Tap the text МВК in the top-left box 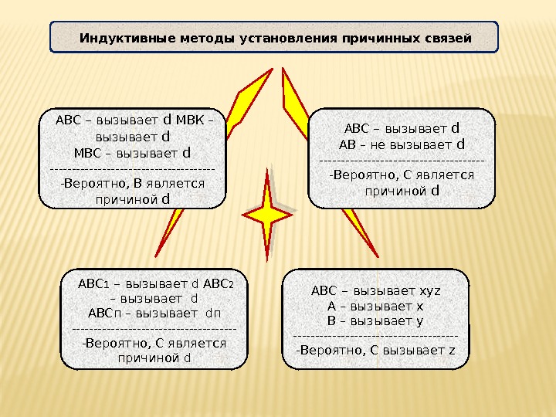(x=191, y=121)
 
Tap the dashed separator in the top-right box (x=402, y=160)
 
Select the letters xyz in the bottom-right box (x=429, y=291)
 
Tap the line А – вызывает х (x=375, y=306)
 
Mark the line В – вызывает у (x=375, y=320)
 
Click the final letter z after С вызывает (x=452, y=351)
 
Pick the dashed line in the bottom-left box (x=154, y=329)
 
